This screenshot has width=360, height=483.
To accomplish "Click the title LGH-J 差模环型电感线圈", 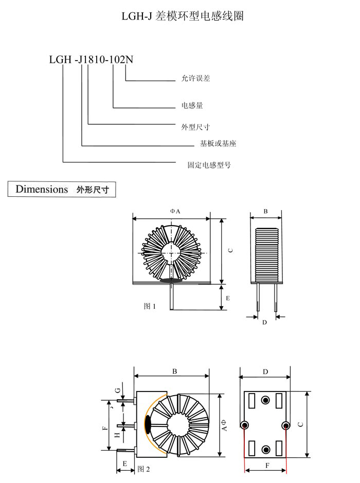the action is [x=183, y=16].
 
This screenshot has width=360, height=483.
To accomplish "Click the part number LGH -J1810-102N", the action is [x=91, y=60].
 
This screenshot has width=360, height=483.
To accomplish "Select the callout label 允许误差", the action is [x=195, y=78].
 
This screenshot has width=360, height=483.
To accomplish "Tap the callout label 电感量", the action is [x=192, y=105].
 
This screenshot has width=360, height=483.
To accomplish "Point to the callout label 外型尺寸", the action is [x=195, y=127].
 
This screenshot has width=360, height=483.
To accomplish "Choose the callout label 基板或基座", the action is [x=218, y=143].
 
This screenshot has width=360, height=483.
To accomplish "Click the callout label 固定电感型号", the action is [x=209, y=165].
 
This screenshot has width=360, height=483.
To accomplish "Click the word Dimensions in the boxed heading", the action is [x=42, y=189].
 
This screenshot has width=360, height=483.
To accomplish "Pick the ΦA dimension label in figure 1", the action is [x=175, y=211].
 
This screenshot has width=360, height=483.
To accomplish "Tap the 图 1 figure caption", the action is [x=150, y=306].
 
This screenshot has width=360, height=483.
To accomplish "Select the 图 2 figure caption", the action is [x=143, y=469].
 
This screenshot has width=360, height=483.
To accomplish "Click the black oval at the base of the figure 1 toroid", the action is [x=171, y=281].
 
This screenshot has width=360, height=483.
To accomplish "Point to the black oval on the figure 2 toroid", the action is [x=148, y=425].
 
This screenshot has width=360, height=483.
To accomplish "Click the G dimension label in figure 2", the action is [x=117, y=391].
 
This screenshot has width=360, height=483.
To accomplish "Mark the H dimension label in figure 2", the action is [x=117, y=435].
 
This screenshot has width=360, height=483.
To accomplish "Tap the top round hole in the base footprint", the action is [x=265, y=400].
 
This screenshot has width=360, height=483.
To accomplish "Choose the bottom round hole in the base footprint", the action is [x=265, y=450].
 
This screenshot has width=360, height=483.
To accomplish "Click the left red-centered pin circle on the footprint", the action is [x=245, y=425].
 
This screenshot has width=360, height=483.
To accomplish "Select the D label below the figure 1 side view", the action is [x=264, y=323].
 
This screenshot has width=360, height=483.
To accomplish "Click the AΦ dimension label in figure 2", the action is [x=224, y=425].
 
